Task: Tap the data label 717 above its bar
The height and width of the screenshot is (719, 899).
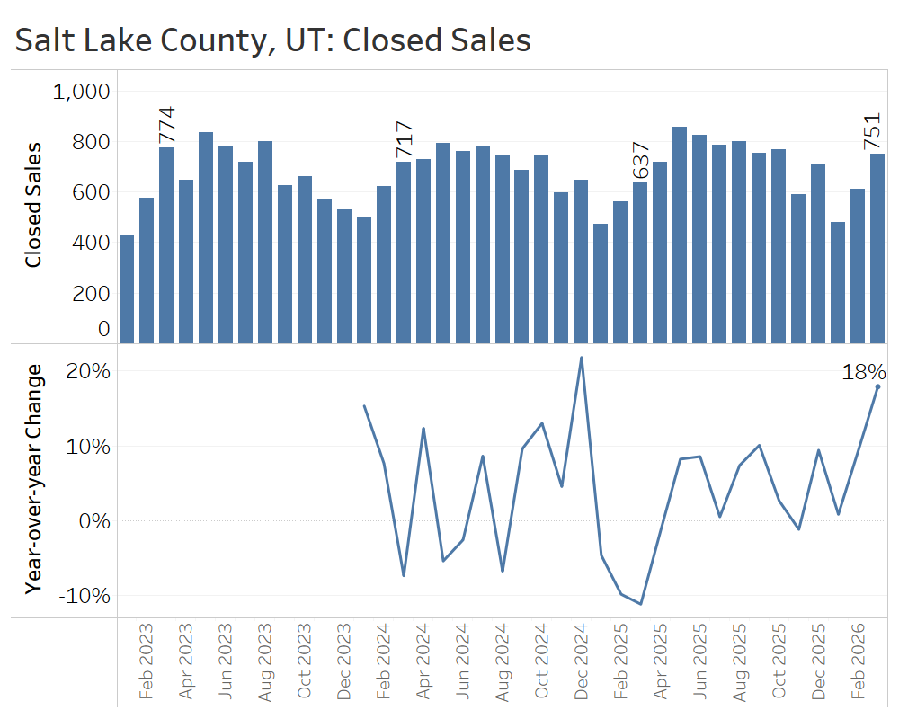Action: [x=405, y=140]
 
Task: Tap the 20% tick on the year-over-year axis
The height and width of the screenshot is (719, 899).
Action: [x=87, y=371]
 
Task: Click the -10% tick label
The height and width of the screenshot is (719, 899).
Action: [x=84, y=596]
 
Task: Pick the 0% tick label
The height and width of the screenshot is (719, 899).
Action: [x=93, y=521]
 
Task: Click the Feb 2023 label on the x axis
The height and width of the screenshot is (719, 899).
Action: [x=147, y=661]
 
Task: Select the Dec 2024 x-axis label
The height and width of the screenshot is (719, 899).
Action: [x=582, y=661]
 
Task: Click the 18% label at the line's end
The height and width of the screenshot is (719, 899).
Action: [x=863, y=372]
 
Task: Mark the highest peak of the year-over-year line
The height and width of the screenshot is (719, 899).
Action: [x=582, y=358]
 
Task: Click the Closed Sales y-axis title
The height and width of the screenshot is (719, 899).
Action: [x=33, y=205]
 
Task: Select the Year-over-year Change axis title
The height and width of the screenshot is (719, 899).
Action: [x=33, y=479]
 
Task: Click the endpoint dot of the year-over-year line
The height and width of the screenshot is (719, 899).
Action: [x=877, y=386]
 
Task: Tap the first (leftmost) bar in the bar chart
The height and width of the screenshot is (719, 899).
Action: [x=127, y=288]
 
